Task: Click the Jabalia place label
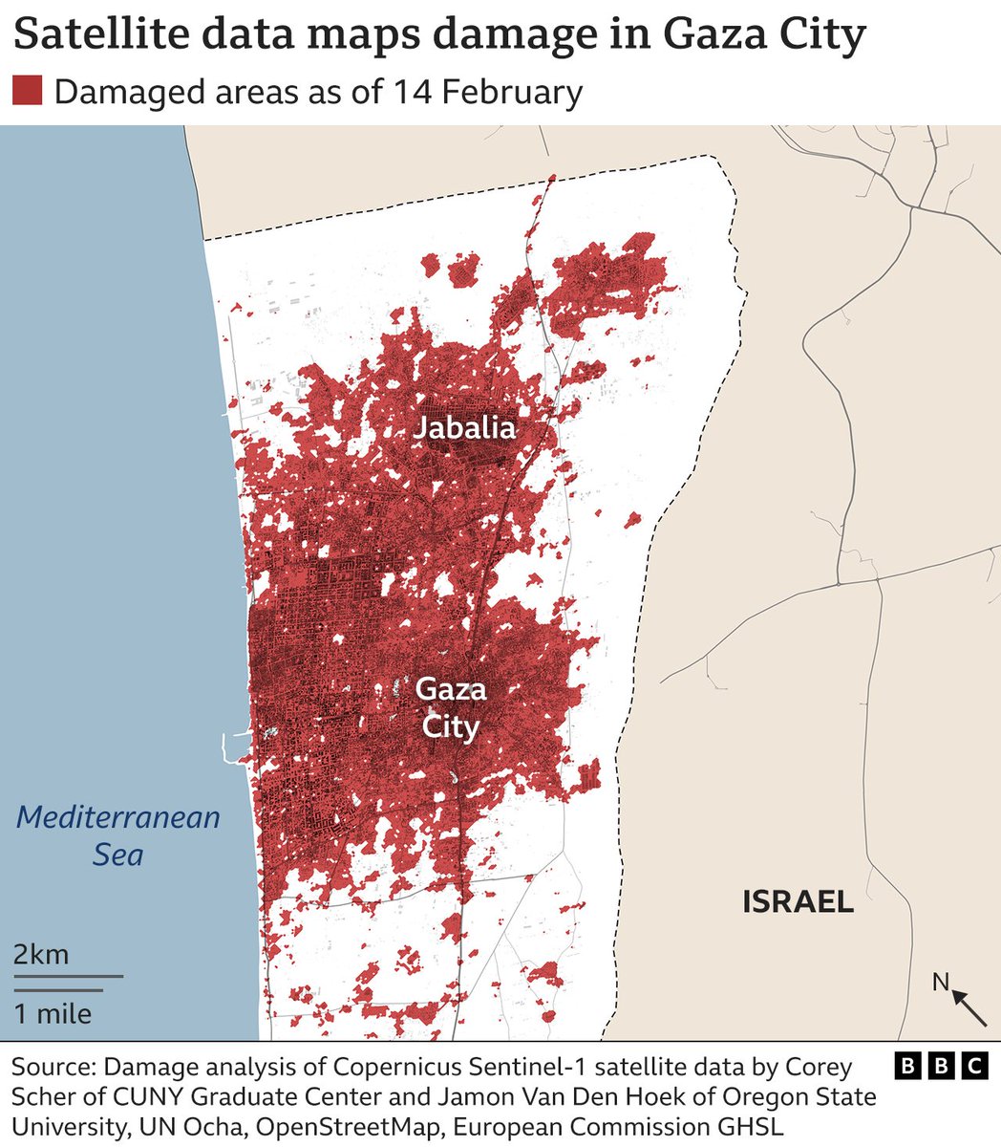point(464,427)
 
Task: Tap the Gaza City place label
point(451,707)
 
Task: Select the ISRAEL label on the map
point(798,901)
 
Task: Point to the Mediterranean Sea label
point(118,834)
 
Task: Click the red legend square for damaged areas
point(27,92)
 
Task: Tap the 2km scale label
point(40,955)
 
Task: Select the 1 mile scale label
point(53,1013)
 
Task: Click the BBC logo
point(941,1066)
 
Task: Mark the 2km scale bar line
point(68,976)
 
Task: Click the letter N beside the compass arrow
point(941,982)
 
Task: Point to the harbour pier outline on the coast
point(232,746)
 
